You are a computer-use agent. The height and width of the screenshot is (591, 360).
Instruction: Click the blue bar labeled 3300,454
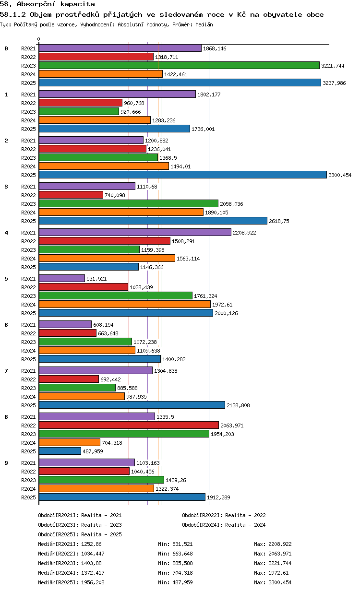[182, 175]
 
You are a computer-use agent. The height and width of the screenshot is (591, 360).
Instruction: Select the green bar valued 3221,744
[179, 65]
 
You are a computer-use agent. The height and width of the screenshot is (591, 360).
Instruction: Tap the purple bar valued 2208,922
[135, 232]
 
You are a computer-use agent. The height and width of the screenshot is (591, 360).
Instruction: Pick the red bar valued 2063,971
[129, 425]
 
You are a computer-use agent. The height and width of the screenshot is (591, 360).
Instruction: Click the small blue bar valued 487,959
[60, 451]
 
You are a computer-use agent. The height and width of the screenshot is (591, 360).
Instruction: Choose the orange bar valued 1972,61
[125, 304]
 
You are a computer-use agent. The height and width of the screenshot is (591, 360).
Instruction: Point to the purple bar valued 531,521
[62, 278]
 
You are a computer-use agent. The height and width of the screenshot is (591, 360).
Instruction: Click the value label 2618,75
[279, 221]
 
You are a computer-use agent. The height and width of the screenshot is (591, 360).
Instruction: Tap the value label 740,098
[115, 195]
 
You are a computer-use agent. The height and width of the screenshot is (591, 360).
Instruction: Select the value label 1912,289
[218, 497]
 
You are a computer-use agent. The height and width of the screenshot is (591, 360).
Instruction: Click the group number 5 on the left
[6, 279]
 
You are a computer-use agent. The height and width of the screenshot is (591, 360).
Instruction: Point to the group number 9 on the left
[6, 463]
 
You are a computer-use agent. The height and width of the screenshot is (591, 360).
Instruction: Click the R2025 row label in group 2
[28, 175]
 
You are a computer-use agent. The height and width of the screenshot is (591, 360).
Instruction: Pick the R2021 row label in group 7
[28, 371]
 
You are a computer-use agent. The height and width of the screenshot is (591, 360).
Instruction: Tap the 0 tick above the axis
[38, 39]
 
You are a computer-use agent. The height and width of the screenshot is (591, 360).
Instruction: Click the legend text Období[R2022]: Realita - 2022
[224, 515]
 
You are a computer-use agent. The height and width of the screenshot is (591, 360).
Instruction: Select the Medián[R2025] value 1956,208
[93, 582]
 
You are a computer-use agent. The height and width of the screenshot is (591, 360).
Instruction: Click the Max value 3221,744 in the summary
[280, 563]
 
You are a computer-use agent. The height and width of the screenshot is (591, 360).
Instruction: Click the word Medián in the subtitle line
[204, 24]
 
